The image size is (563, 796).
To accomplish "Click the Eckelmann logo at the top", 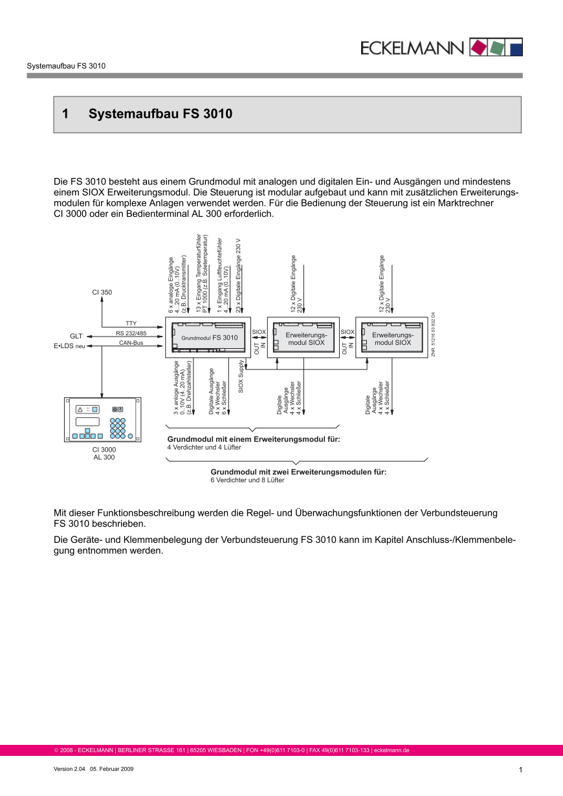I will coord(442,47).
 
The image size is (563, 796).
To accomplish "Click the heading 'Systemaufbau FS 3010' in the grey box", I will coord(160,115).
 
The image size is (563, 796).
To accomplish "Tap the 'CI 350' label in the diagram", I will coord(102,293).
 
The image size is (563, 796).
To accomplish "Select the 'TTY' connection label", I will coord(131,323).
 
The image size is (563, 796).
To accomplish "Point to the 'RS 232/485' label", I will coord(131,333).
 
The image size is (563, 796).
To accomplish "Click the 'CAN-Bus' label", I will coord(131,342).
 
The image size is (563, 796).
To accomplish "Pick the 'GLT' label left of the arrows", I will coord(76,336).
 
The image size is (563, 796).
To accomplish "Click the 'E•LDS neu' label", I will coord(69,346).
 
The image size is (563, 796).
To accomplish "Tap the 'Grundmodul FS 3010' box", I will coord(208,337).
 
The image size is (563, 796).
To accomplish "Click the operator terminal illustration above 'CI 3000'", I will coord(103,419).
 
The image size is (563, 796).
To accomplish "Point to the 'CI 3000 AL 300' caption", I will coord(104,453).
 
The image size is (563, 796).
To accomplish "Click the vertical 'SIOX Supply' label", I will coord(241,377).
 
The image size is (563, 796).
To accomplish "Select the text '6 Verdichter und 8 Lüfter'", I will coord(247,480).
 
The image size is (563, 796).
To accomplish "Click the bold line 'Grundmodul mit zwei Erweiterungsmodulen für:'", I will coord(298,472).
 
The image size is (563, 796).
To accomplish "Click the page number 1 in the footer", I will coord(520,769).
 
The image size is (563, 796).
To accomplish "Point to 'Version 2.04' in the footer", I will coord(69,768).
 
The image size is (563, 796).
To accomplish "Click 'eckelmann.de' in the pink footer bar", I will coord(392,751).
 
